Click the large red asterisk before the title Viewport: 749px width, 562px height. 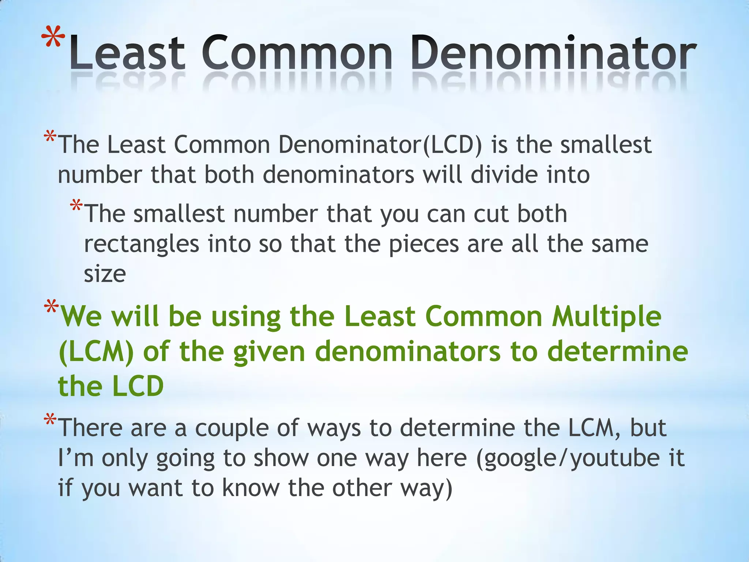coord(53,38)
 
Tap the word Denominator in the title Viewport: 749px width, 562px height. coord(552,53)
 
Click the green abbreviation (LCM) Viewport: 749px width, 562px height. coord(96,352)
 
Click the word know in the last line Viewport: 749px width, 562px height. coord(250,488)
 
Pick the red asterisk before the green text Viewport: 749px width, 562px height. coord(51,307)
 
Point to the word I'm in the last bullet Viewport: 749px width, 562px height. coord(75,458)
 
